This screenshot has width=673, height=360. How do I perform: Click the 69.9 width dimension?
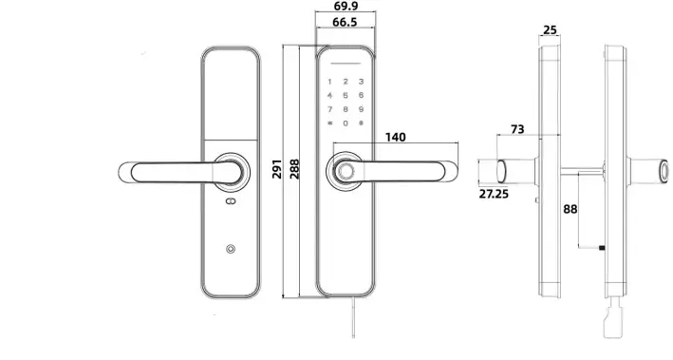(x=346, y=9)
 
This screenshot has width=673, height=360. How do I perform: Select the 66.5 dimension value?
(x=346, y=24)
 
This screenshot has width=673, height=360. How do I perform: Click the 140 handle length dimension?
(x=397, y=138)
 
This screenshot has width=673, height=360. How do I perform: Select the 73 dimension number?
(x=517, y=128)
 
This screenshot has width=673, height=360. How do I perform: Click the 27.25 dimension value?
(x=492, y=193)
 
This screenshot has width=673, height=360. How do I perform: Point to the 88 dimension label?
(x=570, y=208)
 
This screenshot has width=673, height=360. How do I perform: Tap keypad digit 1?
(x=329, y=82)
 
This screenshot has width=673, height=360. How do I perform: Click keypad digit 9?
(x=362, y=109)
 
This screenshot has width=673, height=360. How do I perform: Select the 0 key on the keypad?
(x=346, y=123)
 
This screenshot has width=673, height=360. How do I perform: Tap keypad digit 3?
(x=362, y=82)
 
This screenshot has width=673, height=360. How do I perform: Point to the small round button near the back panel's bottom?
(x=230, y=251)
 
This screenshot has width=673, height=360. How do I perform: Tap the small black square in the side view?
(x=602, y=249)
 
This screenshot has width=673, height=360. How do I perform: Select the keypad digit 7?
(x=329, y=109)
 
